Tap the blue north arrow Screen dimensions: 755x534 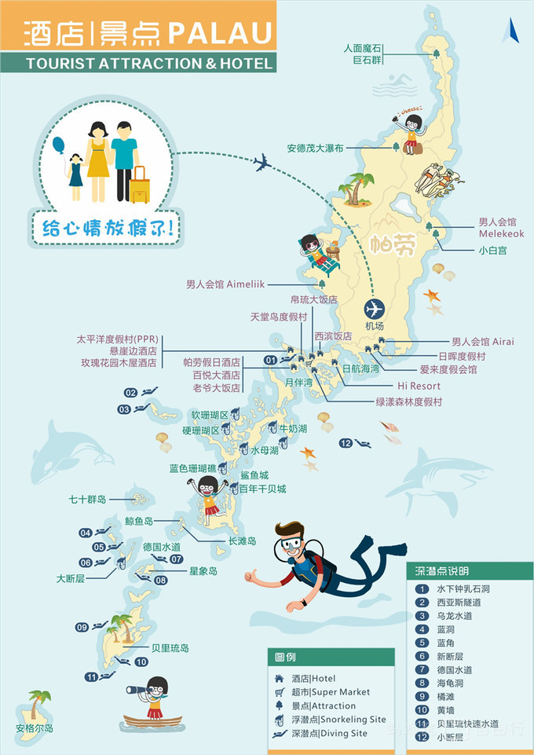pyautogui.click(x=511, y=31)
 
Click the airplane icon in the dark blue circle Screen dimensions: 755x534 pyautogui.click(x=375, y=308)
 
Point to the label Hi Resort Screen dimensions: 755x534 pyautogui.click(x=419, y=386)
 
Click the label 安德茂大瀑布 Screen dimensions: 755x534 pyautogui.click(x=315, y=147)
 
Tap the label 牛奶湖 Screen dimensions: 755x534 pyautogui.click(x=293, y=429)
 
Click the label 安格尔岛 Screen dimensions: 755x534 pyautogui.click(x=35, y=728)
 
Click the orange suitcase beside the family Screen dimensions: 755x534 pyautogui.click(x=140, y=186)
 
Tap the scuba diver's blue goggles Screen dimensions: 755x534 pyautogui.click(x=293, y=544)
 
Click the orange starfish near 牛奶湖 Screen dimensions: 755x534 pyautogui.click(x=307, y=453)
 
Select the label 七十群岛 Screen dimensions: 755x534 pyautogui.click(x=87, y=499)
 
